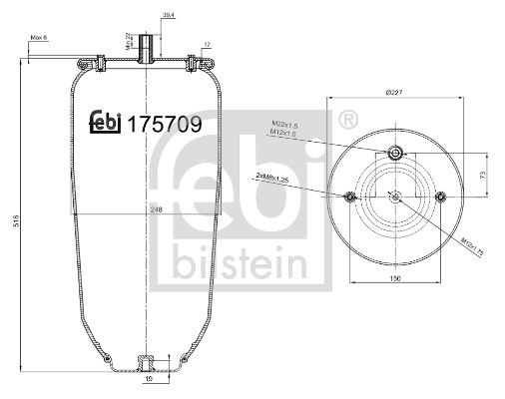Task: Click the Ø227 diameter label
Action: [394, 93]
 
